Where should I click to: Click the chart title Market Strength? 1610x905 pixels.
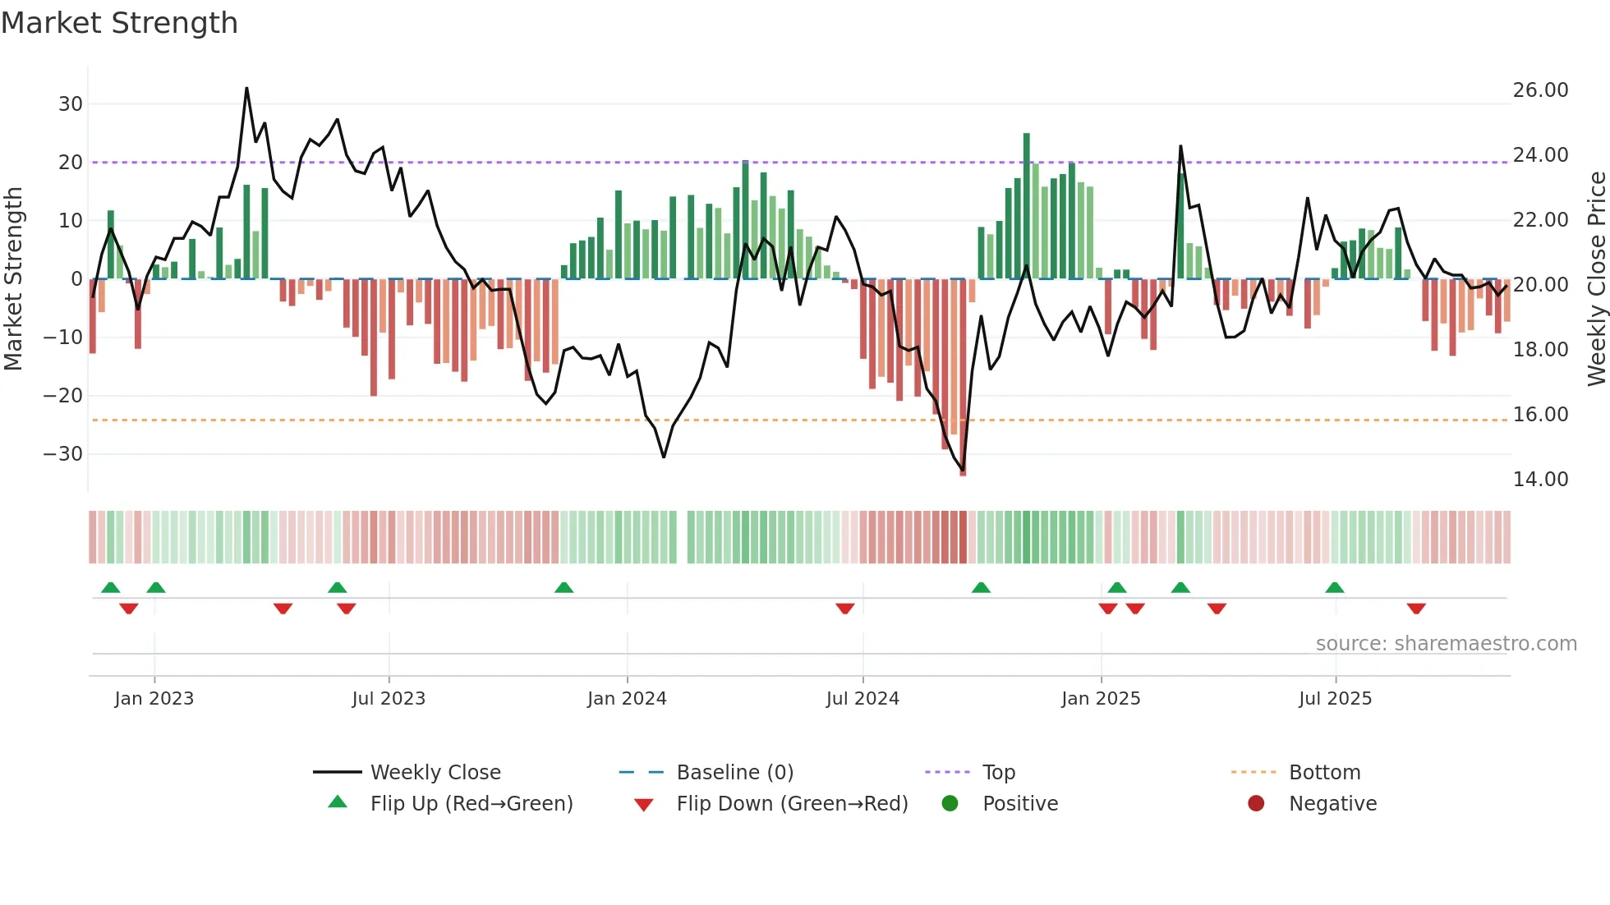coord(119,23)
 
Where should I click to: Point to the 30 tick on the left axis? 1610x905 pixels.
coord(71,104)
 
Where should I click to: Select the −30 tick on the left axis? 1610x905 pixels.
coord(63,454)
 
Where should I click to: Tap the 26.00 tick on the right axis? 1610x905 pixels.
coord(1540,90)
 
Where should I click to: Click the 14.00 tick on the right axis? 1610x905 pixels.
coord(1540,480)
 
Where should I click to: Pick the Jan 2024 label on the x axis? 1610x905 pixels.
coord(627,699)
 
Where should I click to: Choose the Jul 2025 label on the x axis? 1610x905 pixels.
coord(1335,699)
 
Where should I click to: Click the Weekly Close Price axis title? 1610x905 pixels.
coord(1596,279)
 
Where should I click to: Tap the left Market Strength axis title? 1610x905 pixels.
coord(13,279)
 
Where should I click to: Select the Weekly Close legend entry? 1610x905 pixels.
coord(435,773)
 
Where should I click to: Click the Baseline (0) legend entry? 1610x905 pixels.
coord(734,773)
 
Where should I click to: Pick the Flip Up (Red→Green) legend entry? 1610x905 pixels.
coord(471,804)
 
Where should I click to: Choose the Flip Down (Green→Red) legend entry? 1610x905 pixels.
coord(792,804)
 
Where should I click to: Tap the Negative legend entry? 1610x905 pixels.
coord(1332,804)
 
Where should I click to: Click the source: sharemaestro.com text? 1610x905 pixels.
coord(1446,644)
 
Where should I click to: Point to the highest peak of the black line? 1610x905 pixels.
coord(246,89)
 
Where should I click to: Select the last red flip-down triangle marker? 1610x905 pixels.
coord(1415,609)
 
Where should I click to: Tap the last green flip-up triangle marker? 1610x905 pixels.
coord(1334,587)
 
